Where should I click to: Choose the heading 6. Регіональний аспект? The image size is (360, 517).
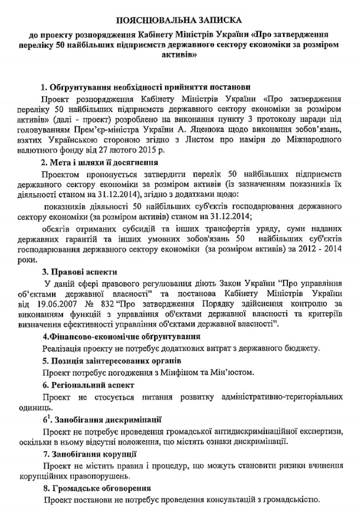88,385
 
